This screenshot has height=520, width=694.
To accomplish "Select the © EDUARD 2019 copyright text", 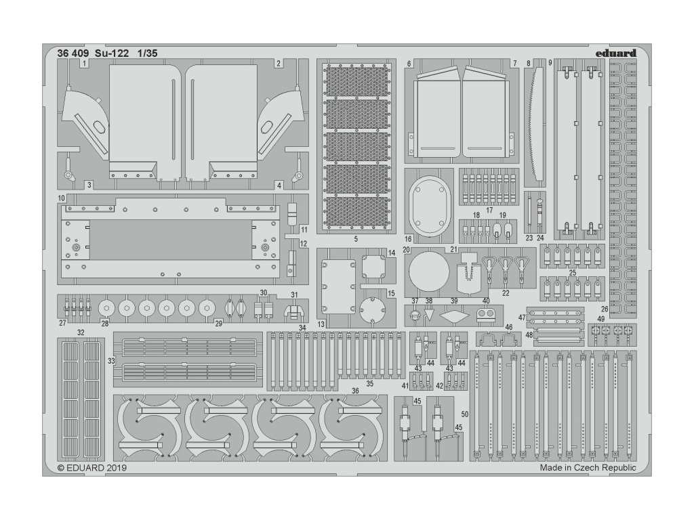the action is (92, 467).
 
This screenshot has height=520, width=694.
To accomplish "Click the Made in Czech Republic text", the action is (588, 467).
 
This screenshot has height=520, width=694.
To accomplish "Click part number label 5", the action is (356, 239).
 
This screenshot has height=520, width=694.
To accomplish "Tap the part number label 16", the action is (409, 239).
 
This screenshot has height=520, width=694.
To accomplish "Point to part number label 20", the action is (407, 250).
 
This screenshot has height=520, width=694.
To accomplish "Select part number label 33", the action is (110, 362).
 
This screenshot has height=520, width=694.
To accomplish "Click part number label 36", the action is (354, 391).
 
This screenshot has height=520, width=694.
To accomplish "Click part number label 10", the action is (62, 198).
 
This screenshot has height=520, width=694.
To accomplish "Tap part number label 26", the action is (604, 309).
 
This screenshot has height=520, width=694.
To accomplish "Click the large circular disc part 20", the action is (429, 274).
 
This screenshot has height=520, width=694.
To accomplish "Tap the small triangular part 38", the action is (428, 314).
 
